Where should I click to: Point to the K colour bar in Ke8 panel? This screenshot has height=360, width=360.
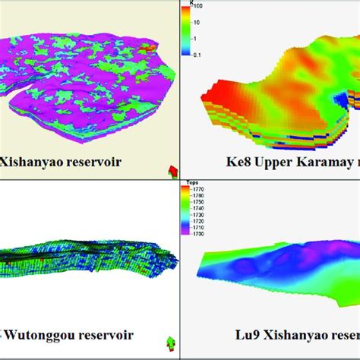[184, 30]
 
